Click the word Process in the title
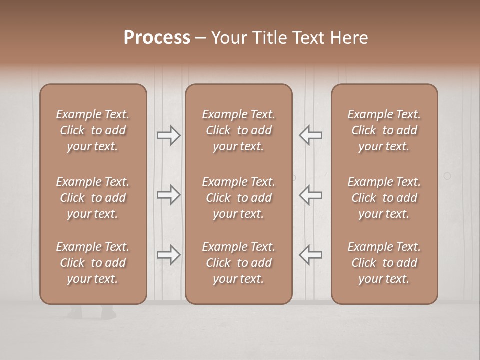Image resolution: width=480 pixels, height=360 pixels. coord(157,38)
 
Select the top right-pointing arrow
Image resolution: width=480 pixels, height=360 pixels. coord(168,135)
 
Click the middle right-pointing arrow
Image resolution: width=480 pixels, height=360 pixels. coord(168,195)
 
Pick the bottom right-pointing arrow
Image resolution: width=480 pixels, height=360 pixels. coord(168,255)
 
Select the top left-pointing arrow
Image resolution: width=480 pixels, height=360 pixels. coord(310,135)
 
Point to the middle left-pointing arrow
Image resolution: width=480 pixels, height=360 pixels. coord(310,195)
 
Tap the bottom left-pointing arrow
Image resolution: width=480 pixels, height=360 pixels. coord(310,255)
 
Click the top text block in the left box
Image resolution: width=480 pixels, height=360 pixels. coord(93,130)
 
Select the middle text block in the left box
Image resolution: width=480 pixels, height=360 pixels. coord(93,198)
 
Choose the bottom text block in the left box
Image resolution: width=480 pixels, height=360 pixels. coord(93,263)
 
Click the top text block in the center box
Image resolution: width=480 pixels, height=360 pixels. coord(238,130)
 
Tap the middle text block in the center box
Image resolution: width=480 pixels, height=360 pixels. coord(238,198)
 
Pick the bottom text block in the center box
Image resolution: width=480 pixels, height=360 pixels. coord(238,263)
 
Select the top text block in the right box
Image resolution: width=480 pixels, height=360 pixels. coord(384,130)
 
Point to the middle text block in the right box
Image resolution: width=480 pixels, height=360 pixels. coord(384,198)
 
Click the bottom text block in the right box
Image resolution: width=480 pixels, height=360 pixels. coord(384,263)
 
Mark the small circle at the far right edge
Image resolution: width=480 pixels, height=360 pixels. coord(447,176)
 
